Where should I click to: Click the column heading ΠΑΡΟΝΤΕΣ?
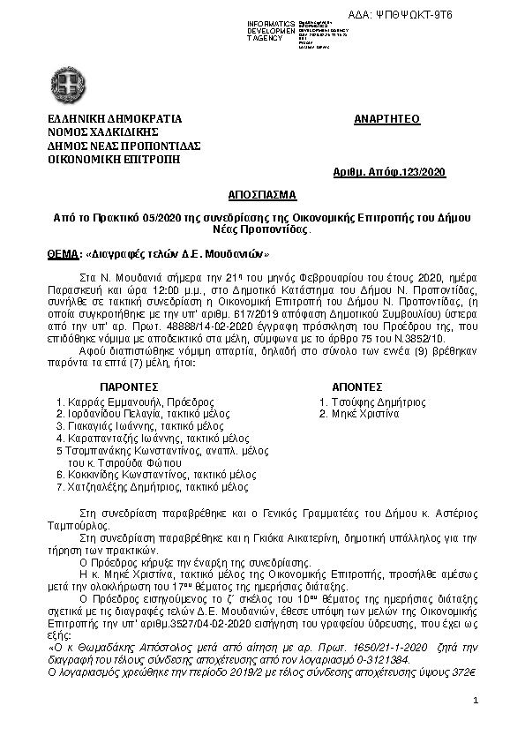(128, 386)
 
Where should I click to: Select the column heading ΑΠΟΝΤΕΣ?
(356, 386)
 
